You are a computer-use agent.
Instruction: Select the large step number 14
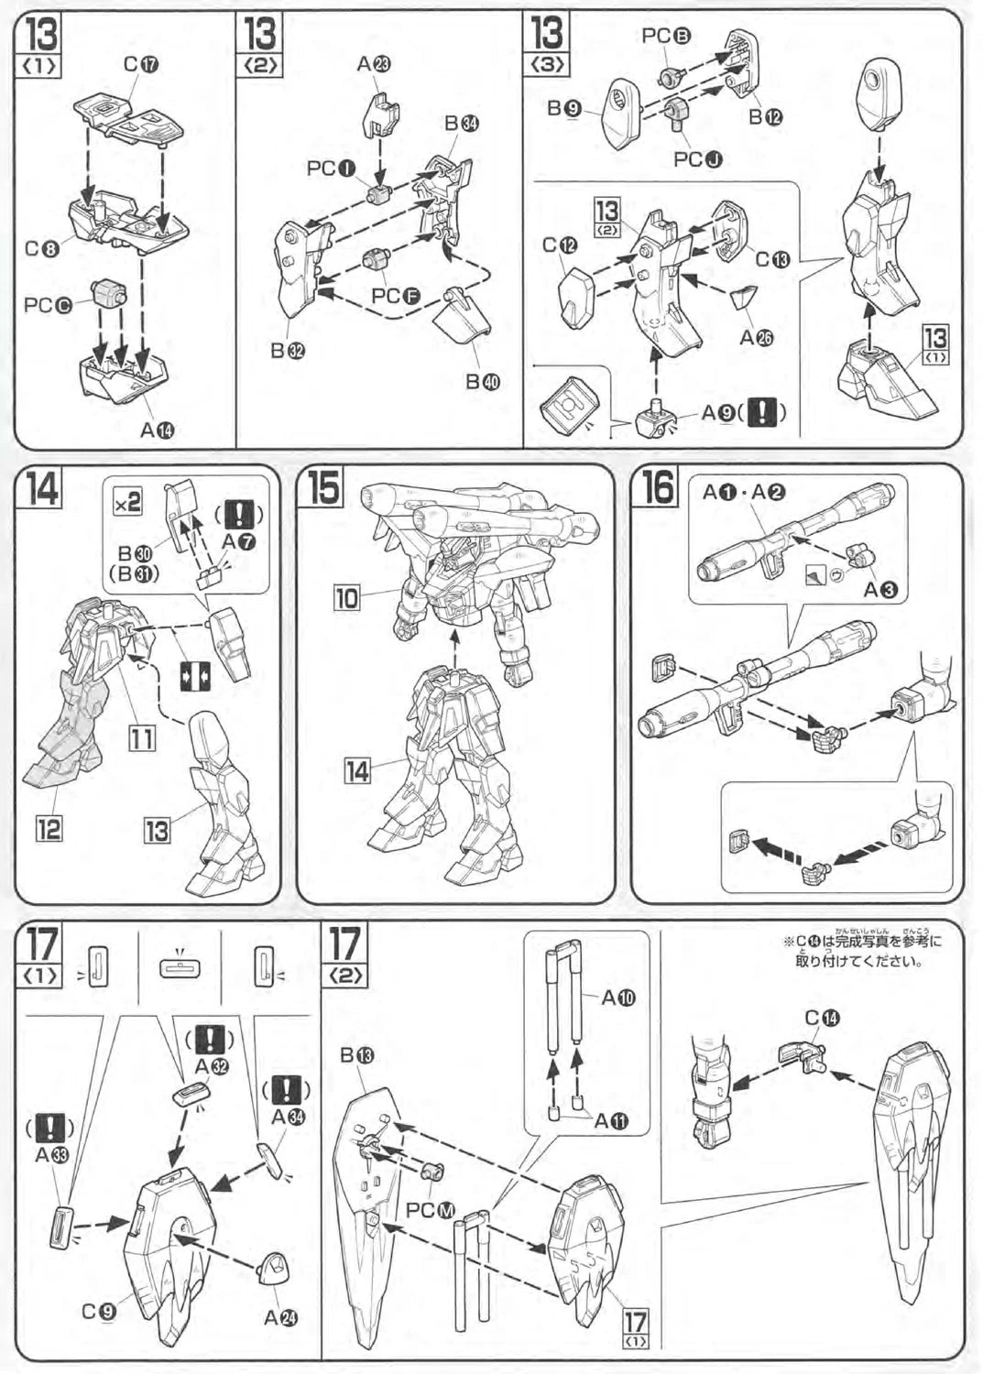click(42, 488)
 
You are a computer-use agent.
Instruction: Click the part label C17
click(141, 64)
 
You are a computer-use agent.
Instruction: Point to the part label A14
click(158, 431)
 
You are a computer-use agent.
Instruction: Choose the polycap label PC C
click(48, 305)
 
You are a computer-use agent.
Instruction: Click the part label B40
click(483, 380)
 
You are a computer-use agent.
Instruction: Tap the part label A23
click(374, 63)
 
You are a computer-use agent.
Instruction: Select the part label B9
click(564, 108)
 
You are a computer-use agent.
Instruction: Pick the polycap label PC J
click(698, 159)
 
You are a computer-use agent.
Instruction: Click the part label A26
click(757, 337)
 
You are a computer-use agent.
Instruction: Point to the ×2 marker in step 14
click(127, 501)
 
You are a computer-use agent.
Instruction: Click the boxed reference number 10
click(347, 599)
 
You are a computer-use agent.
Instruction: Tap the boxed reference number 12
click(48, 828)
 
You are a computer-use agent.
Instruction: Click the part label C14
click(822, 1018)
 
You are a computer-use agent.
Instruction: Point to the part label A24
click(280, 1317)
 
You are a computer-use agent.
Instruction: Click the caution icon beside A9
click(764, 413)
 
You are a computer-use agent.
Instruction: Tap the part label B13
click(356, 1056)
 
